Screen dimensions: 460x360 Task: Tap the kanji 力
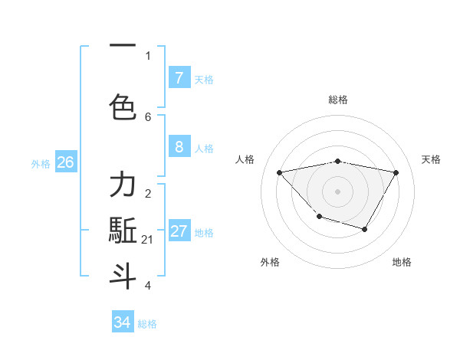[123, 185]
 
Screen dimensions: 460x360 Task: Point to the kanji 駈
[123, 231]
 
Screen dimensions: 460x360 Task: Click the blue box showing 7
[179, 78]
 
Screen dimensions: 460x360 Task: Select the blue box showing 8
[179, 147]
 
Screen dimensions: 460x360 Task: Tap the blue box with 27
[179, 232]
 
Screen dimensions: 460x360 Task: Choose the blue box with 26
[65, 162]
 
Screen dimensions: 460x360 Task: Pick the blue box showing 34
[123, 322]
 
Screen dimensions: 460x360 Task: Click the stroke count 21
[148, 240]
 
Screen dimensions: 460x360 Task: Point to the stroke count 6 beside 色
[148, 116]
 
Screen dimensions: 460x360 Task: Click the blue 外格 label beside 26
[41, 163]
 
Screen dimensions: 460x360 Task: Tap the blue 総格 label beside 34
[147, 324]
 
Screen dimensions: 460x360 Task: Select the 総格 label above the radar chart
[338, 100]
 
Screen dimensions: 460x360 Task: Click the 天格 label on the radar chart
[431, 159]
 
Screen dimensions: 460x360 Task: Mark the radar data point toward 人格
[280, 172]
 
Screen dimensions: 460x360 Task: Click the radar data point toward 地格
[365, 229]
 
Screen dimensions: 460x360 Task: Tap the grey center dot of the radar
[338, 191]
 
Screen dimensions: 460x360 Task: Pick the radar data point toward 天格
[396, 172]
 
